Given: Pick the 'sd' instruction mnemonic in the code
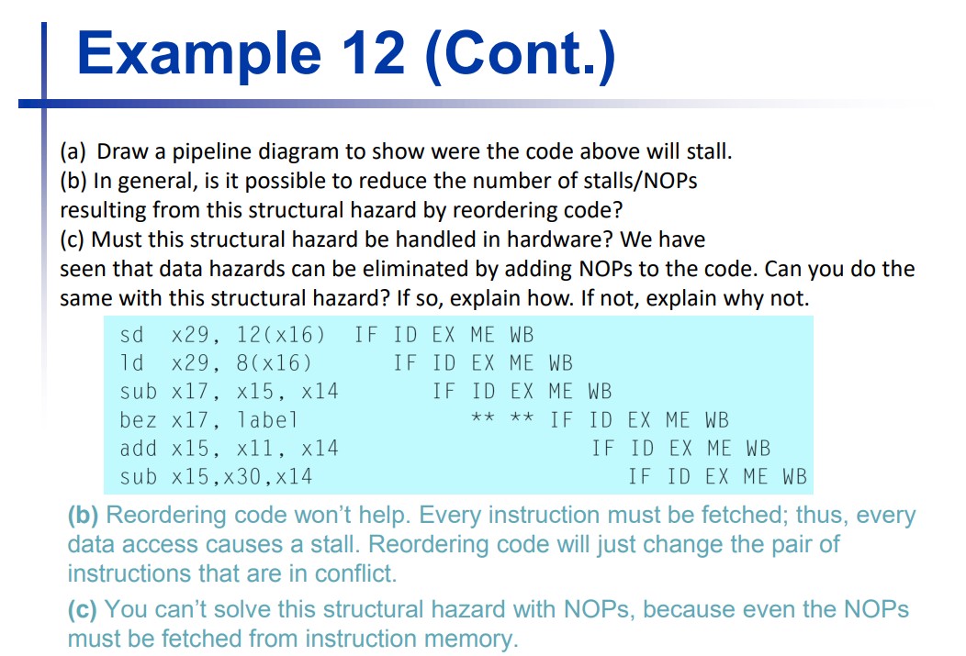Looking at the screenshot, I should pyautogui.click(x=131, y=334).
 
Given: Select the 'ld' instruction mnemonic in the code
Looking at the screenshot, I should pyautogui.click(x=131, y=362).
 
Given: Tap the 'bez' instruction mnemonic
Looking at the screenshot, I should pyautogui.click(x=139, y=420).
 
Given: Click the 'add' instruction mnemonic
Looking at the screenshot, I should pyautogui.click(x=139, y=449).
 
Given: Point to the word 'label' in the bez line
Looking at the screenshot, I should pyautogui.click(x=268, y=420).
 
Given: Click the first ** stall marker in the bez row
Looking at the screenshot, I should pyautogui.click(x=483, y=420).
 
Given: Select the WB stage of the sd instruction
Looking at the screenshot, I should pyautogui.click(x=521, y=334).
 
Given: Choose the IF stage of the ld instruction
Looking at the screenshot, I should pyautogui.click(x=404, y=362).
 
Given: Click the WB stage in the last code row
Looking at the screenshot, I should pyautogui.click(x=794, y=477).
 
